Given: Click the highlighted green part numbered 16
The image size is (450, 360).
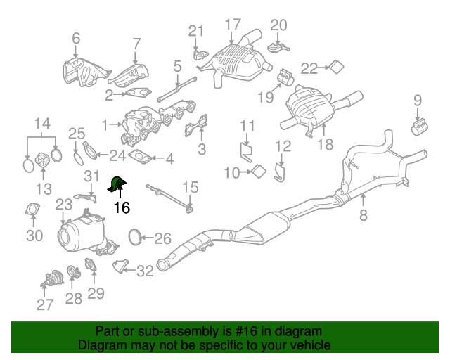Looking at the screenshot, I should pos(116,185).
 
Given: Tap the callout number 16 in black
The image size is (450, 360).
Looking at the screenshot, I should pos(122,207).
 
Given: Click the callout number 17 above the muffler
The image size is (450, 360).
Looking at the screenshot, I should pos(233,25).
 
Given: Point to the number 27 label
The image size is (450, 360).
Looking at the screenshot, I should pos(45,304).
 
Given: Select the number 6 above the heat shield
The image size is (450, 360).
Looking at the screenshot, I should pos(76,39).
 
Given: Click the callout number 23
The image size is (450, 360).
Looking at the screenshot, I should pos(64,205).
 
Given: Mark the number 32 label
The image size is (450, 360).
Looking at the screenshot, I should pos(144,271).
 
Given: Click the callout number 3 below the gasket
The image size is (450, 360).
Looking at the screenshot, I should pos(202,148).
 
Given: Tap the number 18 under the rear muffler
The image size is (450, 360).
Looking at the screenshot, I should pos(325,146).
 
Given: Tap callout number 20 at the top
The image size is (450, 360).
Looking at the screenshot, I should pos(279,25).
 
